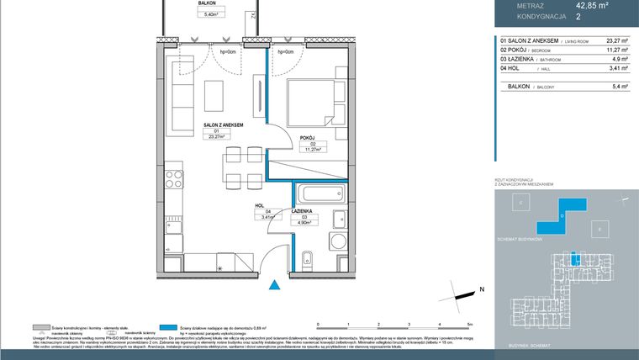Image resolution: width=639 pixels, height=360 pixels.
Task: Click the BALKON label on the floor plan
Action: pos(208,3)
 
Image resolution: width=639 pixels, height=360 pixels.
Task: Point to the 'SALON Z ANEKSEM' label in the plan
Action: pos(223,124)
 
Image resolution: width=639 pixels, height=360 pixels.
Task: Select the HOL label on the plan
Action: pos(260,204)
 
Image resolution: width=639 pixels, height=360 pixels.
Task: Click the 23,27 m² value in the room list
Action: pos(617,39)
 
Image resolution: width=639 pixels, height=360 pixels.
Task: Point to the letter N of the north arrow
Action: pos(482,289)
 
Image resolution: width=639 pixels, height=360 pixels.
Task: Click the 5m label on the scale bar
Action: pos(470,324)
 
